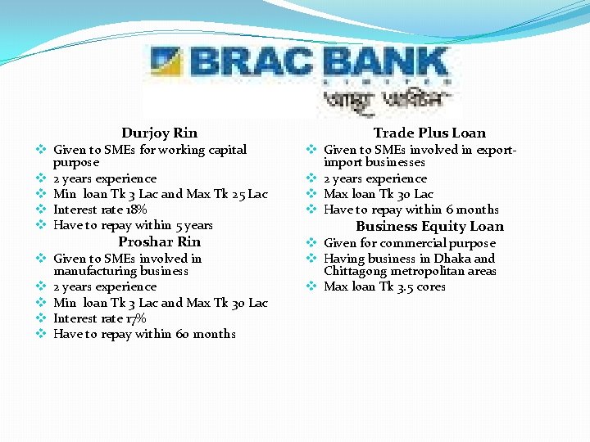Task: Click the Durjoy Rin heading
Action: click(x=159, y=133)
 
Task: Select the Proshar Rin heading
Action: click(x=159, y=241)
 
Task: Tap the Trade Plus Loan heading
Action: click(x=429, y=133)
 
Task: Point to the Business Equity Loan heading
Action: click(x=429, y=227)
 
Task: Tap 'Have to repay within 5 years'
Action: click(x=133, y=225)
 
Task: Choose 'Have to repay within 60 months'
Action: click(x=144, y=334)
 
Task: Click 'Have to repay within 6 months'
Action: click(x=411, y=210)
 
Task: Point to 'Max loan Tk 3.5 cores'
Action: click(x=384, y=286)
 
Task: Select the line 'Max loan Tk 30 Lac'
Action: click(x=379, y=194)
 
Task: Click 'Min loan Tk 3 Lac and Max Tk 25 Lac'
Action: click(x=160, y=194)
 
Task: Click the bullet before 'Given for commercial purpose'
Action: click(x=311, y=243)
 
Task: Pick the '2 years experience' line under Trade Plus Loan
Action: click(x=375, y=178)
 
